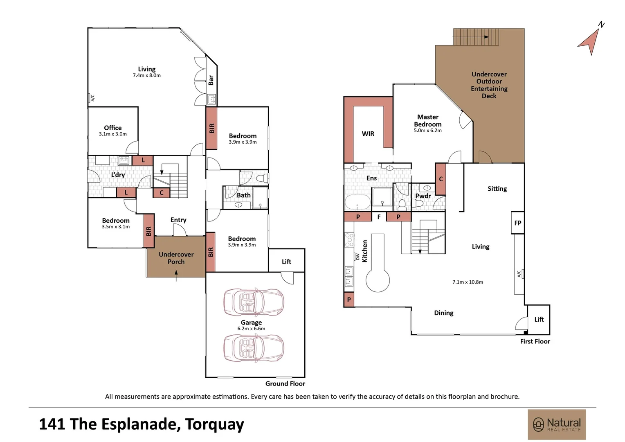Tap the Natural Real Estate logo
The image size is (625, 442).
click(557, 424)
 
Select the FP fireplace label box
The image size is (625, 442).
click(518, 223)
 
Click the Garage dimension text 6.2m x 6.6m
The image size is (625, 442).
click(251, 329)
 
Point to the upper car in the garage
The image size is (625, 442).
click(253, 302)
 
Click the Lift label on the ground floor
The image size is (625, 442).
click(286, 262)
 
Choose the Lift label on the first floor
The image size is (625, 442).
click(539, 319)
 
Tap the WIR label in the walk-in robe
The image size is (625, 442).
click(368, 134)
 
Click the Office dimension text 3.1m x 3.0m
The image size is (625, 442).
click(113, 134)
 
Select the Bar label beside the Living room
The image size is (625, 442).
click(211, 80)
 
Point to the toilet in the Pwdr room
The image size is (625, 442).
click(402, 203)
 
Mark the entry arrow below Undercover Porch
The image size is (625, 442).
click(176, 278)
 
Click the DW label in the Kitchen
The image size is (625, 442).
click(357, 257)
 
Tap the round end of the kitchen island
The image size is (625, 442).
click(378, 280)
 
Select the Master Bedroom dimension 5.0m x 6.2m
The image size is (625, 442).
click(427, 131)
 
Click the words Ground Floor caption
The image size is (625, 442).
click(285, 383)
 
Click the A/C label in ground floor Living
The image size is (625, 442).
click(92, 98)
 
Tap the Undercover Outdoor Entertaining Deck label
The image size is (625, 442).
click(489, 85)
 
